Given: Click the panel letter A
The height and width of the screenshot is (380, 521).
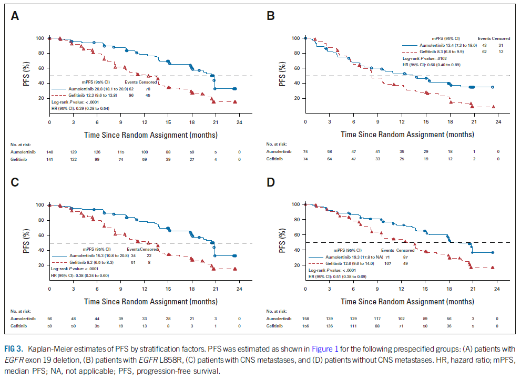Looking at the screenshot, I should (x=15, y=16).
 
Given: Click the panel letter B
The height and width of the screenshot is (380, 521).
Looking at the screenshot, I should (x=271, y=16).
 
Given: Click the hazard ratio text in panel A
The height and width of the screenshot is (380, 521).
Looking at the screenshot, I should (x=80, y=108).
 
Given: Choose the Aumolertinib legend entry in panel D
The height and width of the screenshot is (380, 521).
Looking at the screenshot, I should (x=348, y=256).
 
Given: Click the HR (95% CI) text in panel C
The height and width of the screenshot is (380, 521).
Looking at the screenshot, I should (x=79, y=275).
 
